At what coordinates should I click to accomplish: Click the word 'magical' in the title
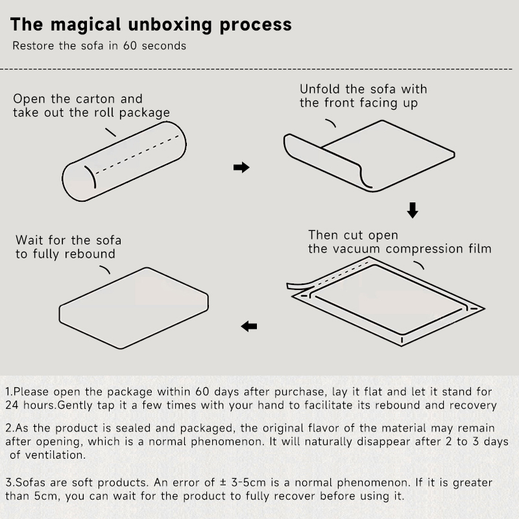tap(86, 25)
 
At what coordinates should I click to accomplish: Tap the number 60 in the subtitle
tap(130, 45)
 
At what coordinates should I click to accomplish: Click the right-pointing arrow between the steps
tap(241, 167)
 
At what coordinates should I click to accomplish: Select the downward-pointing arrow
tap(413, 210)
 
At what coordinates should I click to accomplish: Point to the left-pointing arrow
tap(249, 326)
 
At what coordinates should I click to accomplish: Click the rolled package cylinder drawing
tap(124, 161)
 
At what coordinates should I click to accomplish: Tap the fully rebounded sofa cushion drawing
tap(134, 308)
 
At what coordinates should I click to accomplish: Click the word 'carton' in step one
tap(95, 99)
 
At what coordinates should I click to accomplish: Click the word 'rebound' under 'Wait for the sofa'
tap(90, 254)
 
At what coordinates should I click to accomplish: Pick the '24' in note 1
tap(12, 405)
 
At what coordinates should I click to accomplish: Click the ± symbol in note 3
tap(223, 482)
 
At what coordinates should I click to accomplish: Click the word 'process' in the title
tap(256, 25)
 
